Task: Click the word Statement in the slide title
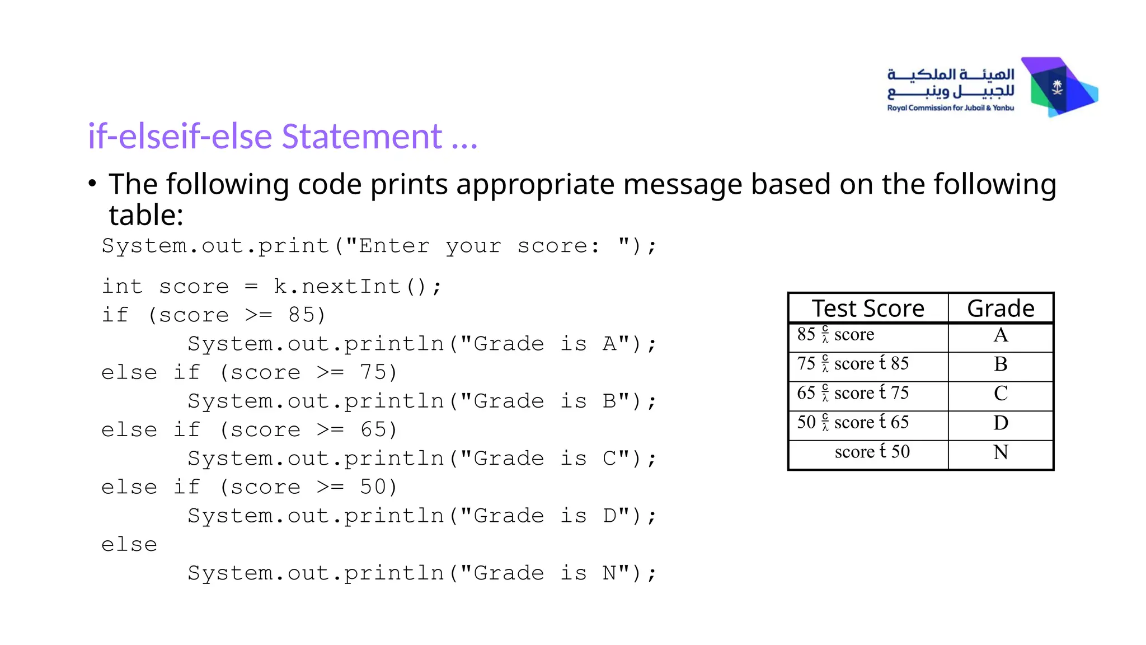pos(361,137)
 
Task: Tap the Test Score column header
pos(868,309)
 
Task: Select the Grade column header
pos(1001,309)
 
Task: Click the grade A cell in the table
pos(1001,335)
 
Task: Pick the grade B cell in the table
pos(1001,364)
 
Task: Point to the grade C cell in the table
pos(1001,394)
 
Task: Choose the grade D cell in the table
pos(1001,423)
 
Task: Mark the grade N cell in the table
pos(1001,452)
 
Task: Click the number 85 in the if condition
pos(302,315)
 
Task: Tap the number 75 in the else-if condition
pos(374,372)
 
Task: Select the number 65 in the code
pos(374,430)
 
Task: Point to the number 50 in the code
pos(374,487)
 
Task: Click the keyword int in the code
pos(122,287)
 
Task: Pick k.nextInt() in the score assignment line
pos(358,287)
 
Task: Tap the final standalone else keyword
pos(129,545)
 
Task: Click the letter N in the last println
pos(609,573)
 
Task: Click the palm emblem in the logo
pos(1057,87)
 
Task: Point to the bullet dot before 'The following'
pos(92,183)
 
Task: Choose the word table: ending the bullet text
pos(146,215)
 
